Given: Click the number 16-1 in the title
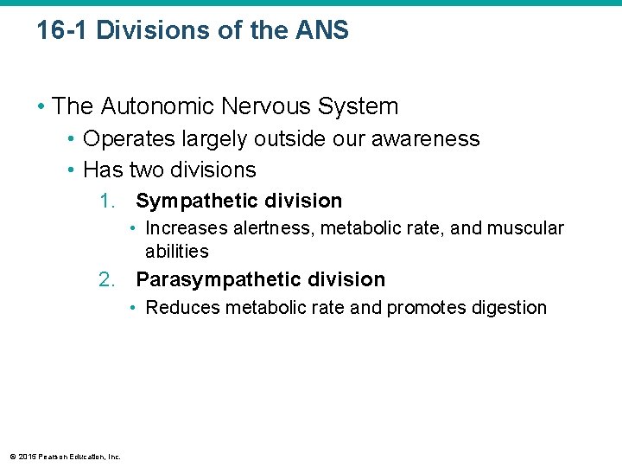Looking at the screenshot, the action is coord(62,31).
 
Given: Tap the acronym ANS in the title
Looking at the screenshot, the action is coord(321,31).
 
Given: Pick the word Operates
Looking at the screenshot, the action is coord(121,139).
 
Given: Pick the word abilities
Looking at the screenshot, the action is coord(177,252).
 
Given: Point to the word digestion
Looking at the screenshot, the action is coord(509,308).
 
